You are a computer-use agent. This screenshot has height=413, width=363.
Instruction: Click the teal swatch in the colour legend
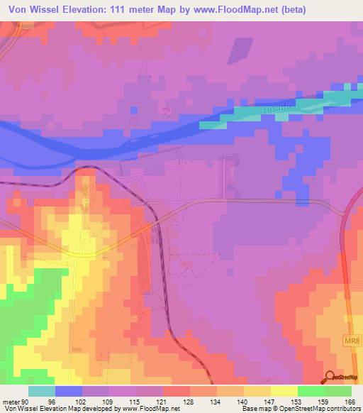coord(42,392)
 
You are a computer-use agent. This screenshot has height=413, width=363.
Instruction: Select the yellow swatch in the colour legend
coord(284,392)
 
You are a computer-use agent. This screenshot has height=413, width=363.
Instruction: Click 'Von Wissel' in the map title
coord(35,10)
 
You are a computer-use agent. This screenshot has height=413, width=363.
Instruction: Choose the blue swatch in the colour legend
coord(69,392)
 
